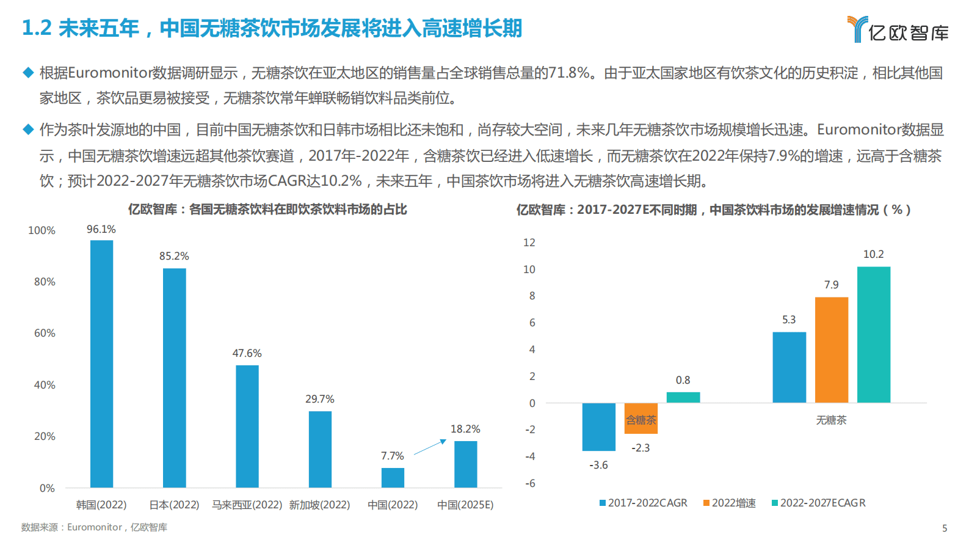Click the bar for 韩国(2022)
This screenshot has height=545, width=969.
[101, 364]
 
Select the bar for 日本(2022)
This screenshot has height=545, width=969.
[174, 378]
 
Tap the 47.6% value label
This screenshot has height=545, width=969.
[247, 353]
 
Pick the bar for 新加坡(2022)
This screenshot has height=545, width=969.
[320, 449]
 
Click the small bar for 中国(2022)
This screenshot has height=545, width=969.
[393, 478]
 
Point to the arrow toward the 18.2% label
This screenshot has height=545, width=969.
[430, 447]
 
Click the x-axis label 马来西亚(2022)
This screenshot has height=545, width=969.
[247, 505]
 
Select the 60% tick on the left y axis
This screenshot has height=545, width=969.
[44, 333]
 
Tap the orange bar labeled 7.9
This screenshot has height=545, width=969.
[831, 349]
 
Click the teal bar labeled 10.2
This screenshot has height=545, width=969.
[873, 334]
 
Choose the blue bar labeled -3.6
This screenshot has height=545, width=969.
[598, 426]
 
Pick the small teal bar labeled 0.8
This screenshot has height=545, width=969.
[683, 397]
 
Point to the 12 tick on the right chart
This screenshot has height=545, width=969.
[529, 243]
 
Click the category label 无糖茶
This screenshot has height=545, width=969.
[831, 420]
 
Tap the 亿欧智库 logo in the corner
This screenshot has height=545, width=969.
[898, 29]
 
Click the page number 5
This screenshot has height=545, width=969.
[945, 528]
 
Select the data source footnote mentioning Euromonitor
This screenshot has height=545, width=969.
[94, 527]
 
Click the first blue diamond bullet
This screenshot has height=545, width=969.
[28, 73]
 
